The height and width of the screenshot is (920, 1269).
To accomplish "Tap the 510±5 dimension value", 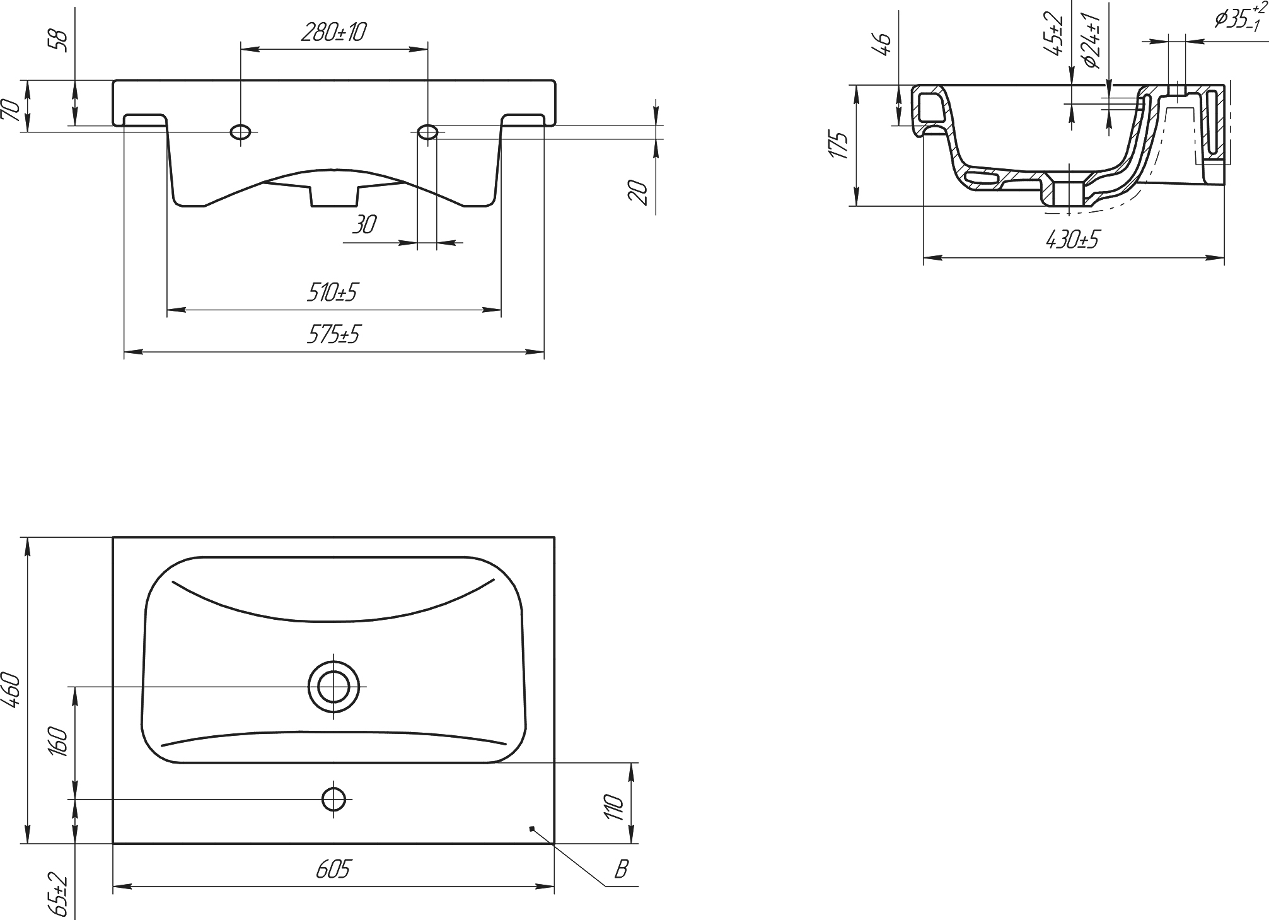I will [332, 293].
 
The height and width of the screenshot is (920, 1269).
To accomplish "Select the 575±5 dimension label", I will [333, 335].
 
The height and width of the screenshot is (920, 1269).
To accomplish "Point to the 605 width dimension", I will [333, 870].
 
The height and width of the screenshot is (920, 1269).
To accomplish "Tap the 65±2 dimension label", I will [57, 894].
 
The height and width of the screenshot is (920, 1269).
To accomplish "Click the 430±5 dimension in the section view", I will [1072, 240].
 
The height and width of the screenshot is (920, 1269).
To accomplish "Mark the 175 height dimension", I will [839, 145].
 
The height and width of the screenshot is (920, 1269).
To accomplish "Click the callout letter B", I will [621, 870].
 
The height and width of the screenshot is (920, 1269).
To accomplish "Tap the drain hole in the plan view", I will [333, 686].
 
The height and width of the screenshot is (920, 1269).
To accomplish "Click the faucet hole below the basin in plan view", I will [333, 799].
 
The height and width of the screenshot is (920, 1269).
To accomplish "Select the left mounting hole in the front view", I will [241, 132].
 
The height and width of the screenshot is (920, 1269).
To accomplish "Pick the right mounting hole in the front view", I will [428, 132].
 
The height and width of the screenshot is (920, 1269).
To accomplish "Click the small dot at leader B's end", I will [532, 828].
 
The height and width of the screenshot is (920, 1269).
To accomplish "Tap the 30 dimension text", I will [364, 225].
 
